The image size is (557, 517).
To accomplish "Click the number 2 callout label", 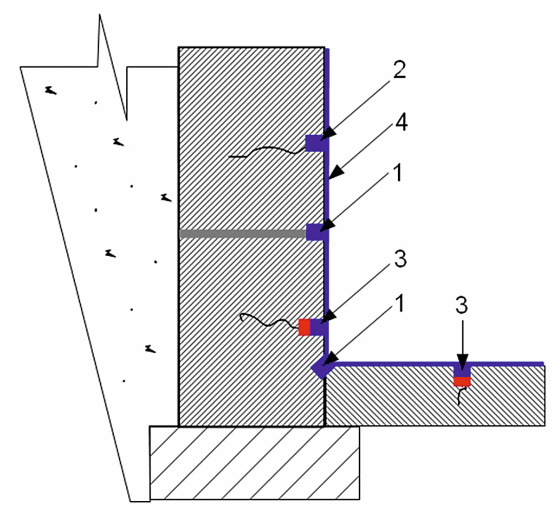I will [x=398, y=70].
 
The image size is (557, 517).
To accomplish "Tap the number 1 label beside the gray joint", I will [x=398, y=174].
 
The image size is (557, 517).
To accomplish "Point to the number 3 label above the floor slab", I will [x=461, y=305].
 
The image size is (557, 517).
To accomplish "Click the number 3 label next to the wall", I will [x=399, y=259].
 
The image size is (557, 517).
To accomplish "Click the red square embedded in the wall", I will [x=304, y=327].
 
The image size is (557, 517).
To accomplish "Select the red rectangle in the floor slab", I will [x=462, y=381].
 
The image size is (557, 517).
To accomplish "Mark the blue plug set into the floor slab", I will [x=462, y=372].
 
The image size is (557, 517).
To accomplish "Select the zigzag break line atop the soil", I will [x=111, y=65].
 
